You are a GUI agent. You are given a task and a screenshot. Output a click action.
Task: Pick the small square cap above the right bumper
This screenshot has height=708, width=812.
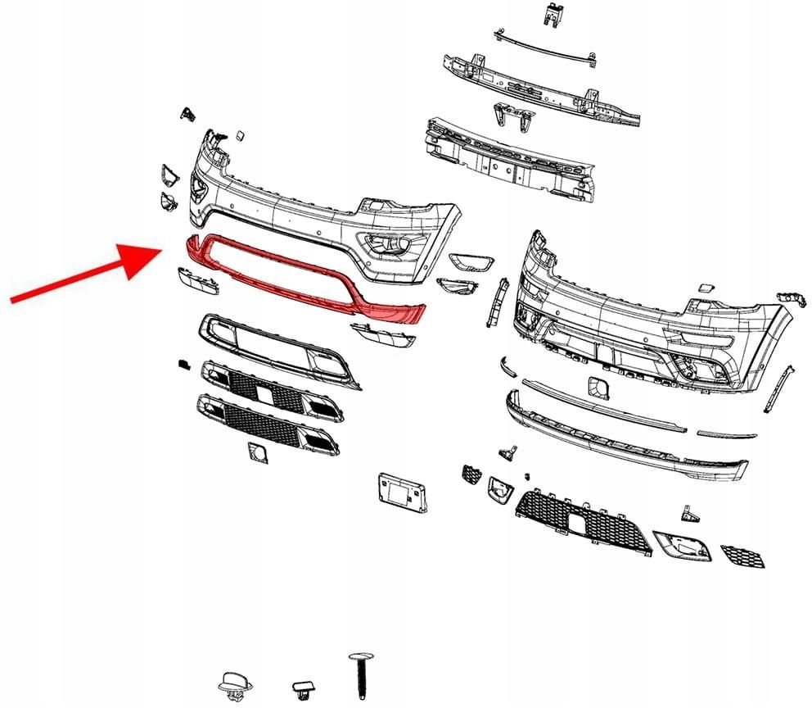[x=705, y=288]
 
